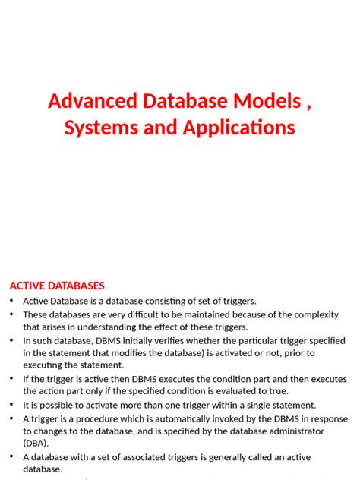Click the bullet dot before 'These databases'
click(x=11, y=314)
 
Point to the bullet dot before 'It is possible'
click(x=11, y=406)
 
